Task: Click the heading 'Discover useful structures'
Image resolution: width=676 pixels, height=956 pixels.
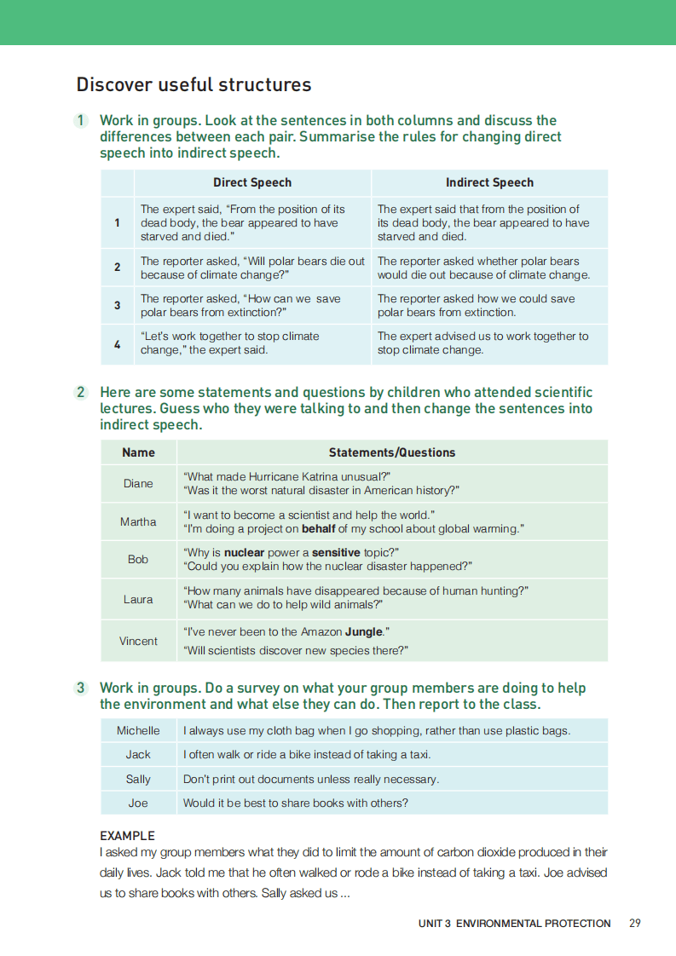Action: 194,85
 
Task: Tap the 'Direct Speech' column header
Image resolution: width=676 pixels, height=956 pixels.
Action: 252,182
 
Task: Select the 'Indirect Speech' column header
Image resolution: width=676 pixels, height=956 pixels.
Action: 489,182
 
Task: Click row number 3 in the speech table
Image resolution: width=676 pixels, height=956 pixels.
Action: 117,305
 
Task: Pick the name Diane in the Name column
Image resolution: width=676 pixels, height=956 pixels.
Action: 138,483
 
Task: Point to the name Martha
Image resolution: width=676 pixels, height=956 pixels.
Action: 138,521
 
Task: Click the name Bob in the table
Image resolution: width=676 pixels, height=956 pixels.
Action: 138,559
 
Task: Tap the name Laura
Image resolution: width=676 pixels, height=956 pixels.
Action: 138,599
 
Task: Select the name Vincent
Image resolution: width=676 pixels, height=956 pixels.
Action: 138,641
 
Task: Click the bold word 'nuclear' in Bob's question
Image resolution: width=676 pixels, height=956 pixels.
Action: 245,552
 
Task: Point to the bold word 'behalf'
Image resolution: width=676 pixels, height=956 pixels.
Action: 321,528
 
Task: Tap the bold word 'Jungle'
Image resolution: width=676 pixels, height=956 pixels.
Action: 365,632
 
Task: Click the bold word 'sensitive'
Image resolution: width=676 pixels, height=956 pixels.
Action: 336,552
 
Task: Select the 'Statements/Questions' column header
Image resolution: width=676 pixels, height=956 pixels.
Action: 392,452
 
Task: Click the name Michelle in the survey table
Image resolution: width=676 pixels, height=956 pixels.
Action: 138,730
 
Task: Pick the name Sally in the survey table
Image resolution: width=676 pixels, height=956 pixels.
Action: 138,779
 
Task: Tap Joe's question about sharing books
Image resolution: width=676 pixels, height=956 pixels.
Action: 296,803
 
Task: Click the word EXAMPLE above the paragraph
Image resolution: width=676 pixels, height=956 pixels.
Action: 127,836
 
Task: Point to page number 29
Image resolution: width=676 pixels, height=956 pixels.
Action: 635,923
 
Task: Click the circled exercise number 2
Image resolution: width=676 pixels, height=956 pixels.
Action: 81,393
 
